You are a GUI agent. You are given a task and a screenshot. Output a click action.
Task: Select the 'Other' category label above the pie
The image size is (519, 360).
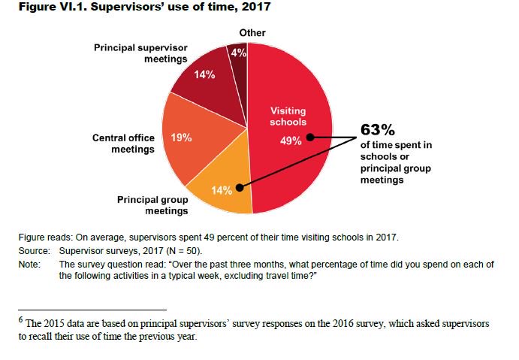[x=252, y=33]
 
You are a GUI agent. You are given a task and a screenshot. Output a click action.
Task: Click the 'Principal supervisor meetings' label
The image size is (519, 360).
[x=140, y=53]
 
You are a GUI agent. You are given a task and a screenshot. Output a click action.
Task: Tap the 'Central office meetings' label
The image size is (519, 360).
[x=123, y=144]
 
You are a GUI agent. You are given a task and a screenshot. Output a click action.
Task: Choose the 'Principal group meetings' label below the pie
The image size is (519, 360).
[x=152, y=205]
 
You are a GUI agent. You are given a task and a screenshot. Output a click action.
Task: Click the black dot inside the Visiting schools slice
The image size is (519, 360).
[x=309, y=138]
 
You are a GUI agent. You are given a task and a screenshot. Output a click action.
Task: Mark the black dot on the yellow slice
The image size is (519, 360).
[x=239, y=188]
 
